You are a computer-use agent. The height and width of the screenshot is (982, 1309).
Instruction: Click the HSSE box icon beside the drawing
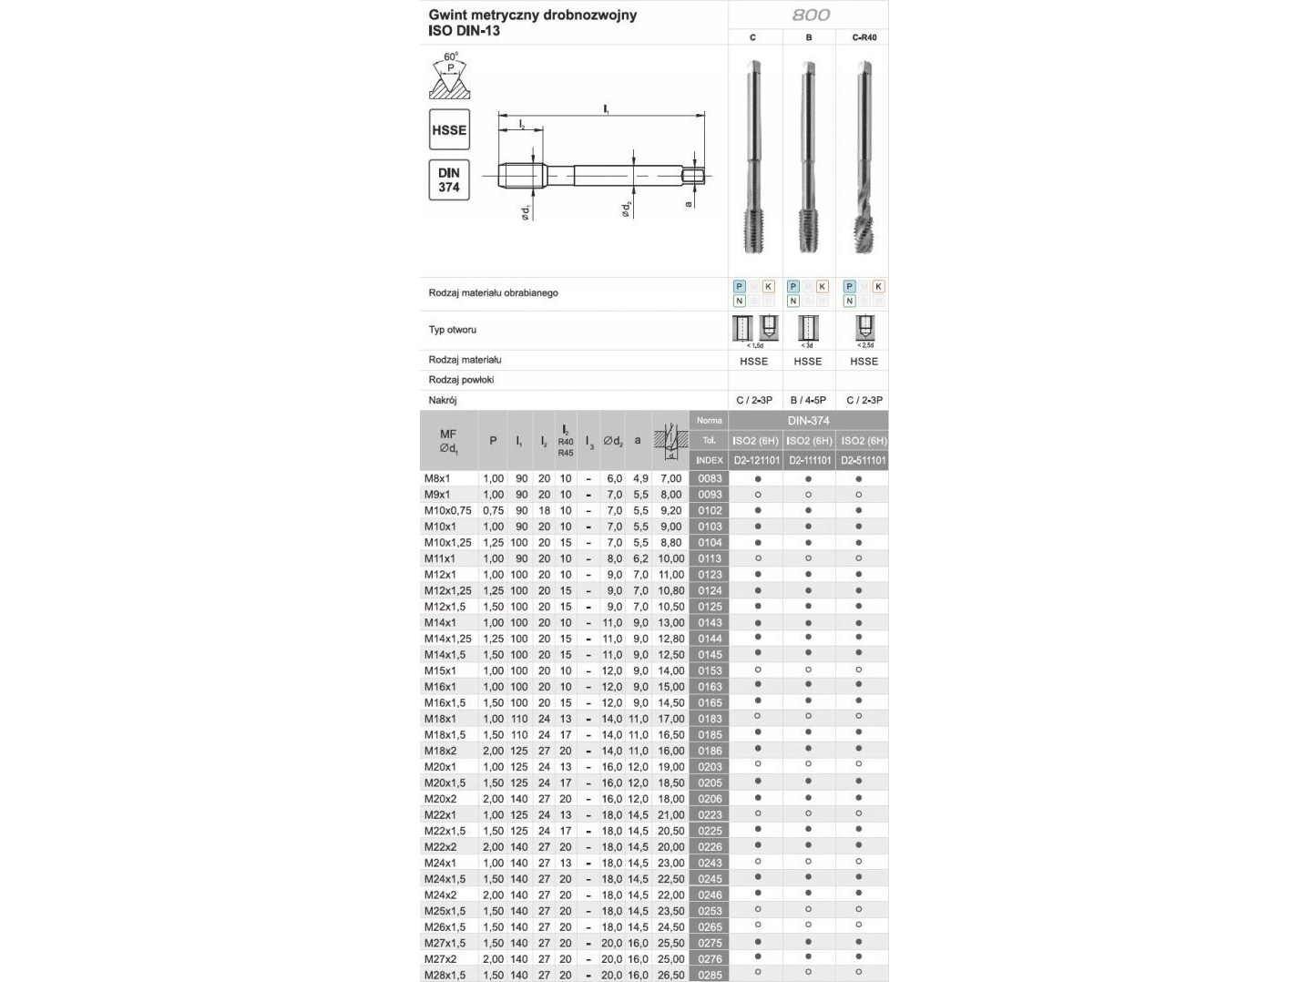click(449, 130)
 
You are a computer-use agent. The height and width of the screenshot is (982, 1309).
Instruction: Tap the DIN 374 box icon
click(449, 180)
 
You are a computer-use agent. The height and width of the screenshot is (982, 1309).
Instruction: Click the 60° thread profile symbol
click(450, 77)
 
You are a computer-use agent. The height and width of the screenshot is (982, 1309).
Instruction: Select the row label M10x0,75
click(448, 511)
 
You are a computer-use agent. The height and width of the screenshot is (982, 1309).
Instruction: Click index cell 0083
click(710, 479)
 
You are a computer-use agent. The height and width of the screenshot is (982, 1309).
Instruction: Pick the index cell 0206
click(710, 799)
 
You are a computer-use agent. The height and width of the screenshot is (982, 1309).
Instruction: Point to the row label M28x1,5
click(445, 975)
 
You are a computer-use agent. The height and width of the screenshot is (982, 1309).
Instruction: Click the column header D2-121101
click(756, 461)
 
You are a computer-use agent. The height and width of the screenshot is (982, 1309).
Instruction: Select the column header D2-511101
click(863, 461)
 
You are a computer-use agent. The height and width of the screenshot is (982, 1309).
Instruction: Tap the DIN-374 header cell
click(808, 421)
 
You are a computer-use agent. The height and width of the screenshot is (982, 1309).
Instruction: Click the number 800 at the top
click(810, 15)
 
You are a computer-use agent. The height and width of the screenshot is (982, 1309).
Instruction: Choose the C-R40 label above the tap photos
click(864, 37)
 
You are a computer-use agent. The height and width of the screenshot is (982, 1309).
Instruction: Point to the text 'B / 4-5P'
click(808, 400)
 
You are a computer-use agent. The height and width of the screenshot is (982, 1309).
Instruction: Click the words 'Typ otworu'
click(453, 330)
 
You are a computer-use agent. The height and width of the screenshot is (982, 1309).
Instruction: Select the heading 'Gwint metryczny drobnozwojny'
click(533, 15)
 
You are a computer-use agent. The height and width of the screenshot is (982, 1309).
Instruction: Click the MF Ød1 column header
click(448, 441)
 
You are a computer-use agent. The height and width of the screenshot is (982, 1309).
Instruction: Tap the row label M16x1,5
click(445, 703)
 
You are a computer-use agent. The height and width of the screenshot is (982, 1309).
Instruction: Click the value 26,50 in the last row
click(670, 975)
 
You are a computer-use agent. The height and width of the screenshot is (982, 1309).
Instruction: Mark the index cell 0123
click(710, 575)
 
